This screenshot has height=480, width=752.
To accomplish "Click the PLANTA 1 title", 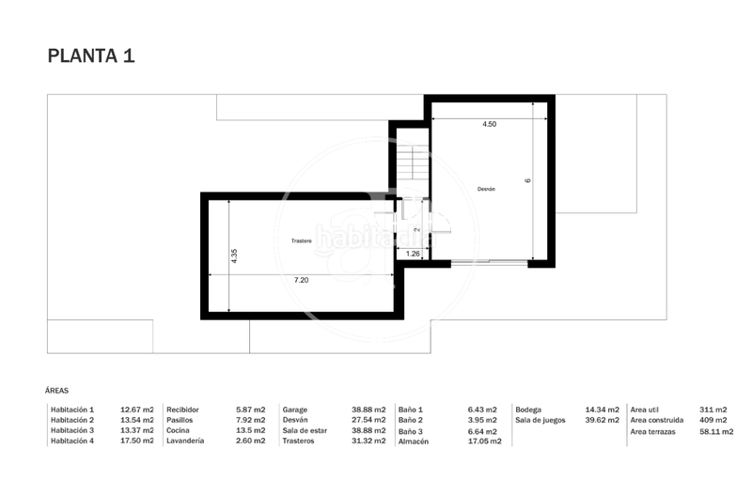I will tap(91, 55).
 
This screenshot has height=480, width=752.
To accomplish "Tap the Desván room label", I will tap(486, 189).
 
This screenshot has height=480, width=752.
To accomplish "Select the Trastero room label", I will tap(301, 240).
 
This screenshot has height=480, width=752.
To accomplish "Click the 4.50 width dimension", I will tap(489, 124).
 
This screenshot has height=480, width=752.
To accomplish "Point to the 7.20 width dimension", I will tap(301, 280).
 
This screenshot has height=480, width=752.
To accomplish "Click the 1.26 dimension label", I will tap(413, 253).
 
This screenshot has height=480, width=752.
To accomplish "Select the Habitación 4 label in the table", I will tap(72, 441).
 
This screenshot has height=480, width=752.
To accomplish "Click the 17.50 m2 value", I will tap(137, 441).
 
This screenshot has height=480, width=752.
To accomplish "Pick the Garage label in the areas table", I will tap(295, 410).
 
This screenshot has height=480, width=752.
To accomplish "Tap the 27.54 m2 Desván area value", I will tap(368, 420).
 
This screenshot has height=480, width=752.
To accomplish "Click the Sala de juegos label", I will tap(541, 420).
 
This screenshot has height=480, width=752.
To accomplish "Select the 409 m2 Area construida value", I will tap(713, 420).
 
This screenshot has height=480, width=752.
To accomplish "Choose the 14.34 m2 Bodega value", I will tap(602, 410).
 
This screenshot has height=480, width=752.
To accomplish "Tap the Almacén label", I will tap(415, 441).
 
